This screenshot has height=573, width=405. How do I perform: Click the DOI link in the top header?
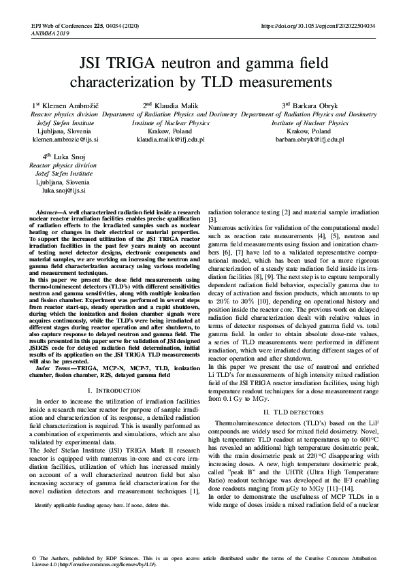click(x=318, y=26)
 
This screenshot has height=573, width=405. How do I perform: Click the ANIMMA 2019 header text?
click(x=50, y=33)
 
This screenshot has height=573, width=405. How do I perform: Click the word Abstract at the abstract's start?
click(x=48, y=213)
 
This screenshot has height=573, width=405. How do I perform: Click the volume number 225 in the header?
click(x=99, y=26)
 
